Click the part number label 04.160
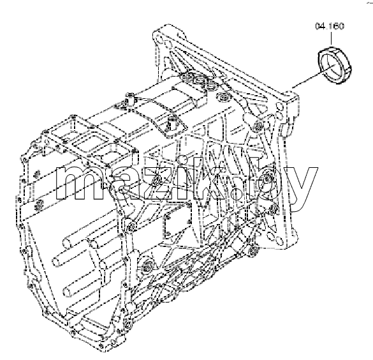[330, 26]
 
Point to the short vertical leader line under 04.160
[331, 38]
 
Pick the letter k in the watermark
[207, 176]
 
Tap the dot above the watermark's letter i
[183, 159]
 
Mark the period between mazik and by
[237, 195]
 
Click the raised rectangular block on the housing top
[188, 93]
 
